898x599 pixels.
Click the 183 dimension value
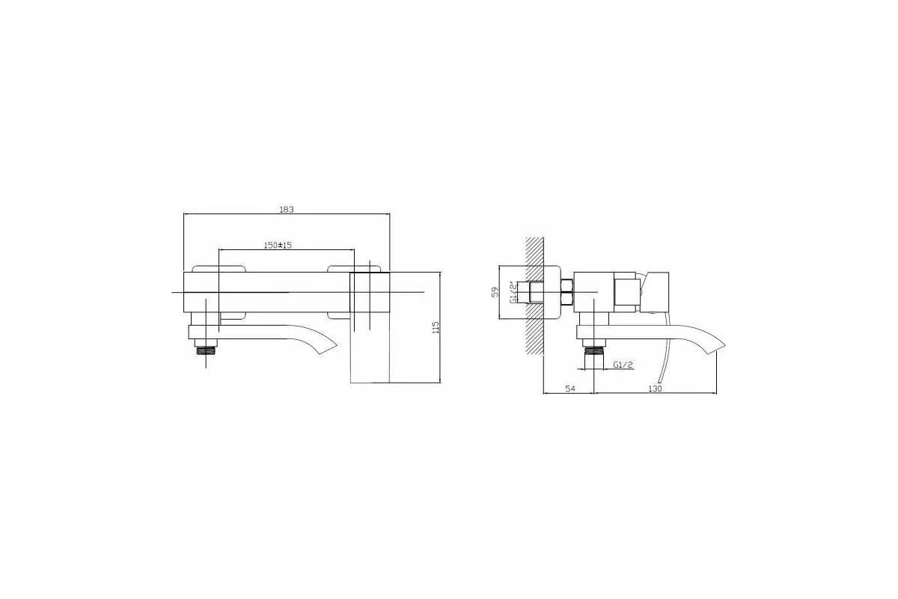[x=286, y=209]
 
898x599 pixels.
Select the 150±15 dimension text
[x=278, y=245]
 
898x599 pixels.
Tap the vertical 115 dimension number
[x=436, y=327]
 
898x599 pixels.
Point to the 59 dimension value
[x=495, y=292]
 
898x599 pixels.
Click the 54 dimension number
[x=570, y=389]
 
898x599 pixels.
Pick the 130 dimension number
[x=655, y=389]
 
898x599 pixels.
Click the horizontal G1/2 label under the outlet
[x=623, y=365]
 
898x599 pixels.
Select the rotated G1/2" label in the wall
[x=513, y=293]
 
